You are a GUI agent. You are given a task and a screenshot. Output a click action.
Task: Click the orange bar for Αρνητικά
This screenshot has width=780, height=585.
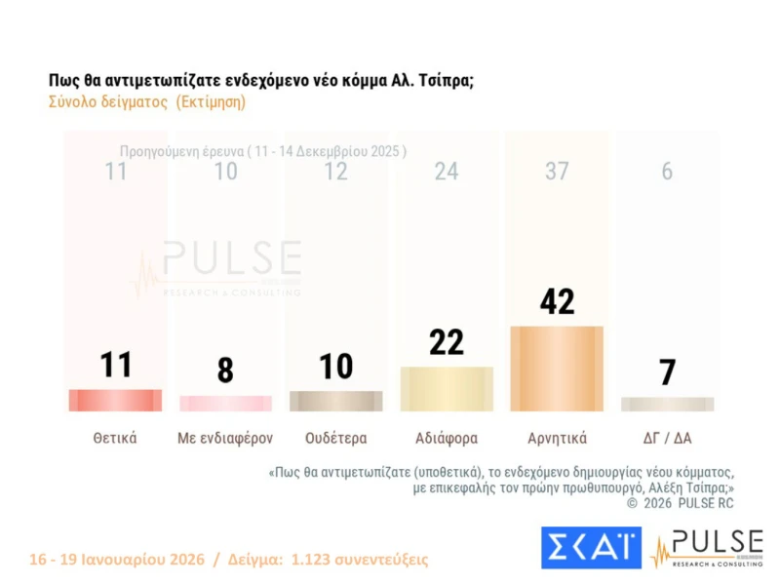click(557, 369)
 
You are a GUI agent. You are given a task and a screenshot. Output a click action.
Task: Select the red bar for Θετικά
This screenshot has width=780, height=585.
click(115, 400)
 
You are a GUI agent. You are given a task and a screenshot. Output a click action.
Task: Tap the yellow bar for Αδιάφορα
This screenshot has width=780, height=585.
click(447, 389)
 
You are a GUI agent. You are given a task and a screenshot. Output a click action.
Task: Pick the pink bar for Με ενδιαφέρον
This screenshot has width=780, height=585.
click(225, 403)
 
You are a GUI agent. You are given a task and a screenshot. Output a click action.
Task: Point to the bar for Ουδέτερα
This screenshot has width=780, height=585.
click(335, 401)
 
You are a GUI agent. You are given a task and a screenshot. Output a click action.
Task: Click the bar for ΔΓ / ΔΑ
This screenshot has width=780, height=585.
click(667, 404)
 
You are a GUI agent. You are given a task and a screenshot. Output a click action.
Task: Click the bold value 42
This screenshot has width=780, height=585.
click(557, 301)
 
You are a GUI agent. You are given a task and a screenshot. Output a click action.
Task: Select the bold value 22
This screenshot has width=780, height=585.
click(447, 342)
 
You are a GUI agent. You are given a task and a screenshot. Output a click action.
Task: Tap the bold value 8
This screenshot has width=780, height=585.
click(225, 370)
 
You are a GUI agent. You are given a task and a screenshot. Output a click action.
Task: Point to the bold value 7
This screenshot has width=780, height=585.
click(667, 371)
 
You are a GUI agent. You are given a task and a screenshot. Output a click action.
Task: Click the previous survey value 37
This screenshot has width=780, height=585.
click(557, 172)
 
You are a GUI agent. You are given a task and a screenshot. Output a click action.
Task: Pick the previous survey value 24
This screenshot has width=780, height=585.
click(447, 172)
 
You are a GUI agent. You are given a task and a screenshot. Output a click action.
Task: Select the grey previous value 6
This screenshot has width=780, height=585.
click(667, 172)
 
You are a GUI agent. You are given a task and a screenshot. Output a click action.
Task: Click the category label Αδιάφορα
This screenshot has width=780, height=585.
click(447, 438)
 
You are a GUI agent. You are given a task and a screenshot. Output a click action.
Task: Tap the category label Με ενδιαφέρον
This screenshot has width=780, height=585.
click(225, 438)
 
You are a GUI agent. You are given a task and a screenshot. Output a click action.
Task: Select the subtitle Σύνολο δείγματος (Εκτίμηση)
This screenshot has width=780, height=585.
click(147, 101)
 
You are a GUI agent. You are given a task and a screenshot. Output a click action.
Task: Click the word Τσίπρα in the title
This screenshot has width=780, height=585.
click(444, 80)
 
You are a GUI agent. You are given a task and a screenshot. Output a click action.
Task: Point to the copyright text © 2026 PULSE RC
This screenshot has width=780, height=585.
click(680, 503)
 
